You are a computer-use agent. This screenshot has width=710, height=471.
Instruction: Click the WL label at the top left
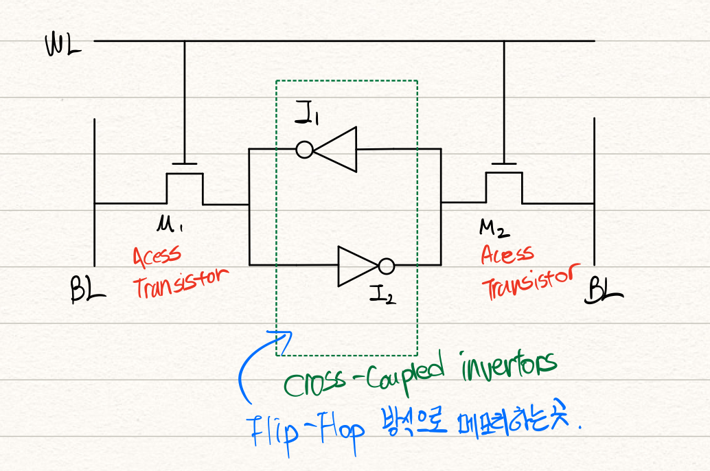[x=62, y=47]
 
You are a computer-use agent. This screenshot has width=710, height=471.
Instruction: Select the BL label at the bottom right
[x=604, y=292]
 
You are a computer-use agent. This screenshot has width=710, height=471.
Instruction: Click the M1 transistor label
[x=170, y=223]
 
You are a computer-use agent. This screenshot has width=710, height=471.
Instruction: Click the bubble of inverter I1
[x=305, y=149]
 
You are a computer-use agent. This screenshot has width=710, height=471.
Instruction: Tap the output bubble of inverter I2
[x=387, y=266]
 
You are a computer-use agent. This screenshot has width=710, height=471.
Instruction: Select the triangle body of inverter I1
[x=338, y=149]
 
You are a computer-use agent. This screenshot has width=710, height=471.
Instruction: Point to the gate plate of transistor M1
[x=184, y=164]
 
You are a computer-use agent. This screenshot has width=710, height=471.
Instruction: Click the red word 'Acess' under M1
[x=157, y=255]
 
